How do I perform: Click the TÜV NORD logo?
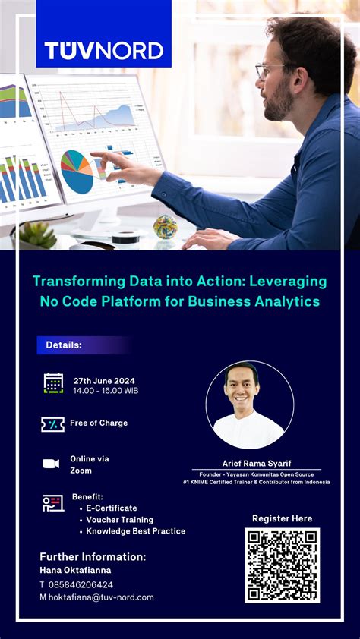tap(104, 50)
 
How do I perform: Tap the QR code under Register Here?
tap(282, 565)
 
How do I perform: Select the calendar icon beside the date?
tap(53, 383)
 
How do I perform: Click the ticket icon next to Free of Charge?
tap(52, 424)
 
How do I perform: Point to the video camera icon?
tap(51, 464)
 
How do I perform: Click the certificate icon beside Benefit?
tap(52, 502)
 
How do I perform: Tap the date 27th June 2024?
tap(104, 380)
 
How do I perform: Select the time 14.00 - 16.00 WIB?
tap(106, 391)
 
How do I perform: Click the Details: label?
tap(64, 345)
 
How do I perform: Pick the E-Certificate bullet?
tap(111, 508)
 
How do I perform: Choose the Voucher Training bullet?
tap(119, 520)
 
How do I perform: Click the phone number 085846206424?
tap(81, 584)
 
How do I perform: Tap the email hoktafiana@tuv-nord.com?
tap(101, 597)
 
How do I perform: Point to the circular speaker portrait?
tap(250, 405)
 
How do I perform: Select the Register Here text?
tap(282, 518)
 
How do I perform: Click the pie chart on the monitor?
tap(77, 171)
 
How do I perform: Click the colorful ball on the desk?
tap(165, 225)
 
